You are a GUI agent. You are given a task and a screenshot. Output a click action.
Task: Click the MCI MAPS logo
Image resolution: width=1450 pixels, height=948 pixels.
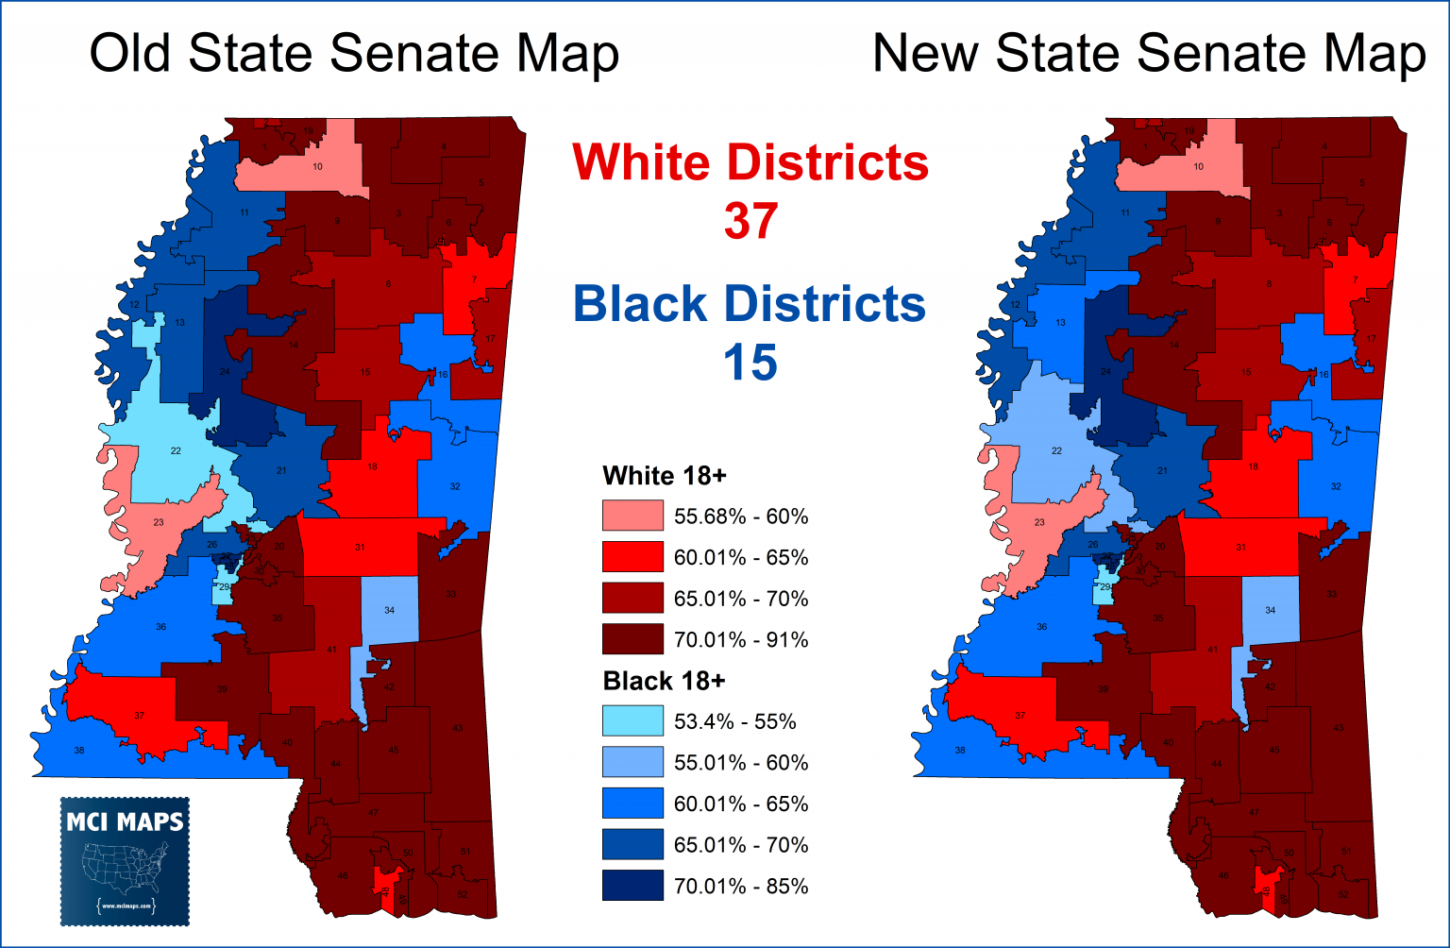(125, 861)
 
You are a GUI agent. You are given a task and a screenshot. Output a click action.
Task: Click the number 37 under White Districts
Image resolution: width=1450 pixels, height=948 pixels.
(750, 221)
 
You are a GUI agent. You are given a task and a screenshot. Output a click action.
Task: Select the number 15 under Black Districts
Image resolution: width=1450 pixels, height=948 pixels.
(750, 363)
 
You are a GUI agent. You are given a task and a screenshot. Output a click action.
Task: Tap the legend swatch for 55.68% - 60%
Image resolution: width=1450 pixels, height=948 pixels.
(632, 516)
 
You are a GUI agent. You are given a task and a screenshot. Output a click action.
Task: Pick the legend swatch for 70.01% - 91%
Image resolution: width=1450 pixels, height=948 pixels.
(632, 640)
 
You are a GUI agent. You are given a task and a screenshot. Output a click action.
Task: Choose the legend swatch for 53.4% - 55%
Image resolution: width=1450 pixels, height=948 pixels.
(632, 721)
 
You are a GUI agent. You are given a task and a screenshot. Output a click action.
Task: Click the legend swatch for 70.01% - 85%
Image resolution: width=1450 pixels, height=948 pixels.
(632, 886)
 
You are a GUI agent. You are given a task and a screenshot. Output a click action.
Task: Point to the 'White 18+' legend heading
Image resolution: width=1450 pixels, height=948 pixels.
(665, 476)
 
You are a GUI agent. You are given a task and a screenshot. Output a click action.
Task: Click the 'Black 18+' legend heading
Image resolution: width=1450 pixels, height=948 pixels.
(664, 681)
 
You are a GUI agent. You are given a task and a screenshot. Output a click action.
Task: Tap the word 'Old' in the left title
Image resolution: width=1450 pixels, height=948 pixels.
(131, 54)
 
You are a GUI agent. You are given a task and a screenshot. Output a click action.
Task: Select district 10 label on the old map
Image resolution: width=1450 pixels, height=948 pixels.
(318, 167)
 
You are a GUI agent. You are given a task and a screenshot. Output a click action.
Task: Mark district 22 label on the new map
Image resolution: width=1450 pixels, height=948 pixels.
(1056, 451)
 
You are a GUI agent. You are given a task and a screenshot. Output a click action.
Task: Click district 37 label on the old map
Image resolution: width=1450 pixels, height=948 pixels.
(139, 716)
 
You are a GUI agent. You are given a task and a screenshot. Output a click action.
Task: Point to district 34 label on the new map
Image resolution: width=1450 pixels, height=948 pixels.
(1270, 611)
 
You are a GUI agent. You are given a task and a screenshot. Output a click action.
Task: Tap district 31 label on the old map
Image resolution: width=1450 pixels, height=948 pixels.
(360, 548)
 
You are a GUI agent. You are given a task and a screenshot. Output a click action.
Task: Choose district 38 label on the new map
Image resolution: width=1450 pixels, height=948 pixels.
(960, 751)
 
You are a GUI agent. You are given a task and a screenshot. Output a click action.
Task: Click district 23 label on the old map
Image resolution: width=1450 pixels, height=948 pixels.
(158, 523)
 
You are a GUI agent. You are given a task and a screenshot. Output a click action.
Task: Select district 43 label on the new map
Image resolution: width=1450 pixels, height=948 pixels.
(1338, 728)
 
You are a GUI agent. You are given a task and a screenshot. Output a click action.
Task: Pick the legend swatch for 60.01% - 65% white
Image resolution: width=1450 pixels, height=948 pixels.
(632, 558)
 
